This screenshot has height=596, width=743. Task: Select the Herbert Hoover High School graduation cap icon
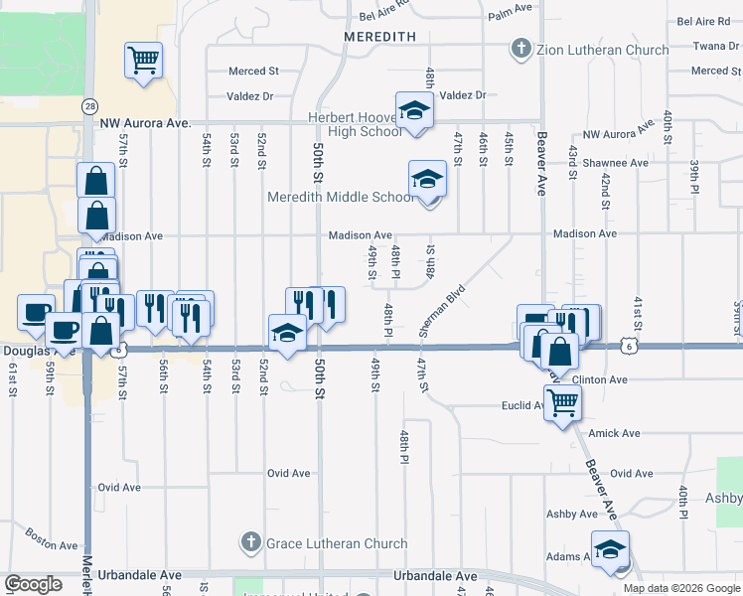[x=414, y=110]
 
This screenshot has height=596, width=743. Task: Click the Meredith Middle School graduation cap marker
[x=428, y=179]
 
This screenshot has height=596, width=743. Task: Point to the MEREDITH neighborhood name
[x=379, y=36]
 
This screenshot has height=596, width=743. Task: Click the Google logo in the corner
[x=33, y=584]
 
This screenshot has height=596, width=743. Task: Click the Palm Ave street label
[x=512, y=16]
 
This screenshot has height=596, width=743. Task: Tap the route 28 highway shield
[x=90, y=105]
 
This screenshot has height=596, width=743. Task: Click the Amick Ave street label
[x=614, y=433]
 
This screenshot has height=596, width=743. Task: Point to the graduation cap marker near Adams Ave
[x=610, y=549]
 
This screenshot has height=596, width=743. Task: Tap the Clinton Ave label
[x=601, y=379]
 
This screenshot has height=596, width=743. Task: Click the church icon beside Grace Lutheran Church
[x=250, y=543]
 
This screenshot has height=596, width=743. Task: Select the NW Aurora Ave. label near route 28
[x=145, y=122]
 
